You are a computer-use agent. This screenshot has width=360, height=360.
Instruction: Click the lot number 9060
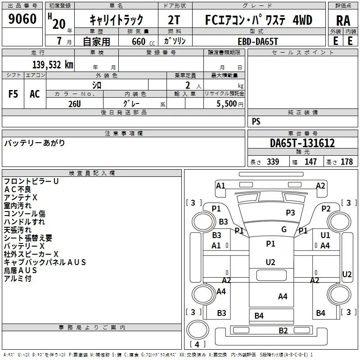(22, 18)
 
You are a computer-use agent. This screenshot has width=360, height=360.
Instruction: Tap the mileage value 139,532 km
(53, 65)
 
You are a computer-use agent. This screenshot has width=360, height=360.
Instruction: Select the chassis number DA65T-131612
(302, 143)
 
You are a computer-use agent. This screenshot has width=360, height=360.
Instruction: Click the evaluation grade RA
(343, 21)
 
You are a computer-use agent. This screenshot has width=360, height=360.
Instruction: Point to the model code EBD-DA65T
(258, 41)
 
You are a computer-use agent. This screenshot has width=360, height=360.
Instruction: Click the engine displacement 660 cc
(143, 41)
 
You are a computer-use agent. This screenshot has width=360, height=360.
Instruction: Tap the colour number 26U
(75, 104)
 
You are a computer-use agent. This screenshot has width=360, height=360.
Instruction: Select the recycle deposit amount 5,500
(227, 103)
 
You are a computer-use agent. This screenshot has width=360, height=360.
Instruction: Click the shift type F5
(13, 94)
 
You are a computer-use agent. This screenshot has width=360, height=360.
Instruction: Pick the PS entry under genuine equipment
(256, 121)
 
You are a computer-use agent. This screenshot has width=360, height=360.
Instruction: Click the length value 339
(273, 162)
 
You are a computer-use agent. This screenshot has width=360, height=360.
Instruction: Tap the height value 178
(346, 162)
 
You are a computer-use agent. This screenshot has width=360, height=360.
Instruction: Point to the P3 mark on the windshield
(290, 212)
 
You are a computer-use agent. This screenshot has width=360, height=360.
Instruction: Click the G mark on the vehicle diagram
(284, 229)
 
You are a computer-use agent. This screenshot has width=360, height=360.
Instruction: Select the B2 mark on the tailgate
(283, 330)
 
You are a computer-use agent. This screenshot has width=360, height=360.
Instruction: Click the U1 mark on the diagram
(325, 235)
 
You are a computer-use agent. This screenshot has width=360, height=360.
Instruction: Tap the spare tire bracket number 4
(197, 344)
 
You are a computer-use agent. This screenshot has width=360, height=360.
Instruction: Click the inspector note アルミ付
(18, 278)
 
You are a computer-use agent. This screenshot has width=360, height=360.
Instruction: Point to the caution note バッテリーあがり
(35, 143)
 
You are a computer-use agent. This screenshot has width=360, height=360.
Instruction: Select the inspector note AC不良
(18, 189)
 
